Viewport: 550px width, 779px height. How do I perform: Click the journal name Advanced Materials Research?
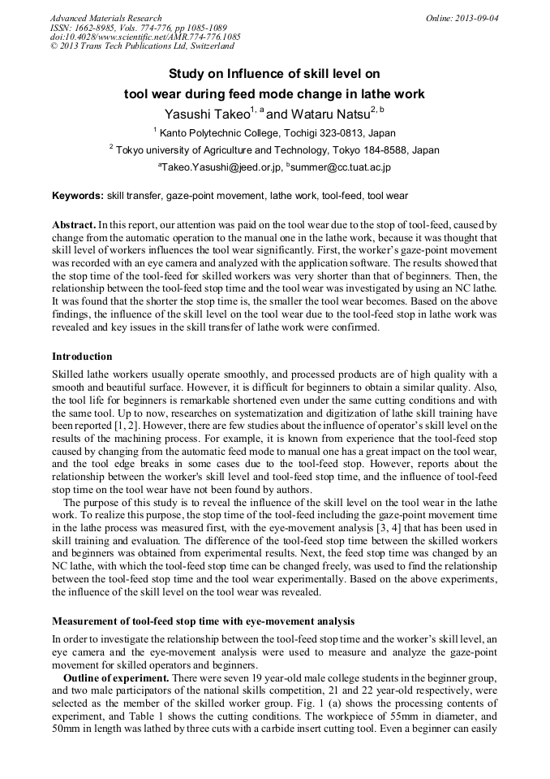[105, 18]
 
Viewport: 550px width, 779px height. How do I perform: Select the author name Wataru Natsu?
[330, 114]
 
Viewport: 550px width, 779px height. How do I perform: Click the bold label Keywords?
[78, 196]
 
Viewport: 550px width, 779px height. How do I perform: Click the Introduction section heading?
[82, 357]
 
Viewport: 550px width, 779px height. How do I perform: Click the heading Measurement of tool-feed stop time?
[203, 621]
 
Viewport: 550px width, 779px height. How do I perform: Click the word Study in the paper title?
[189, 74]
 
